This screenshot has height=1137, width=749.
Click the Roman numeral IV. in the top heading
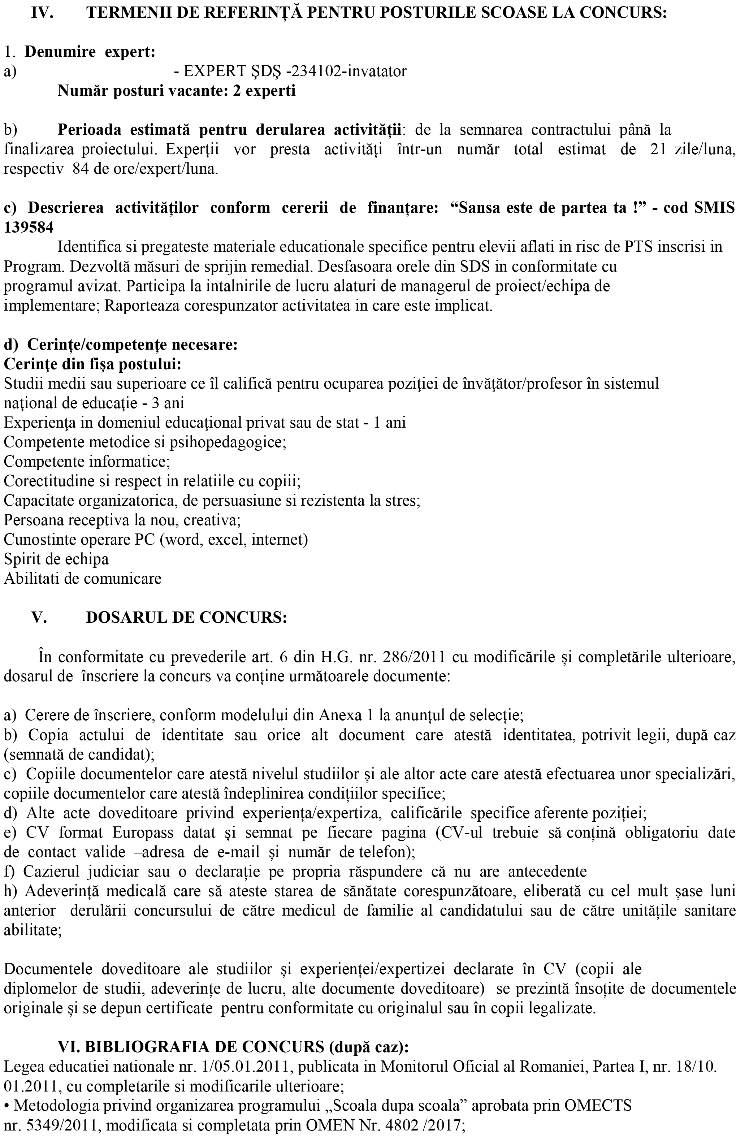(42, 13)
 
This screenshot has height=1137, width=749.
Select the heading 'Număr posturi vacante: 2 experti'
(176, 91)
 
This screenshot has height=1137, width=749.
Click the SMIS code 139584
(29, 228)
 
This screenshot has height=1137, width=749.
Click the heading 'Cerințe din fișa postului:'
(93, 364)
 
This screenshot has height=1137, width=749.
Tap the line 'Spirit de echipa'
(56, 559)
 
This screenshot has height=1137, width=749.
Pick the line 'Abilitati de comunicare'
(83, 579)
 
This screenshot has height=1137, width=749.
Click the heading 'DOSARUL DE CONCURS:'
(186, 618)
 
